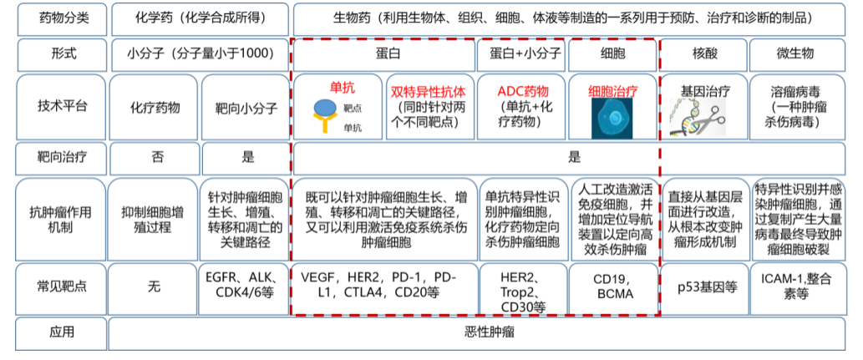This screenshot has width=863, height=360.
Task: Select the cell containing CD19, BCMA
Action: point(613,286)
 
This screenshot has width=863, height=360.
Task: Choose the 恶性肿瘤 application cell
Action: point(485,332)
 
